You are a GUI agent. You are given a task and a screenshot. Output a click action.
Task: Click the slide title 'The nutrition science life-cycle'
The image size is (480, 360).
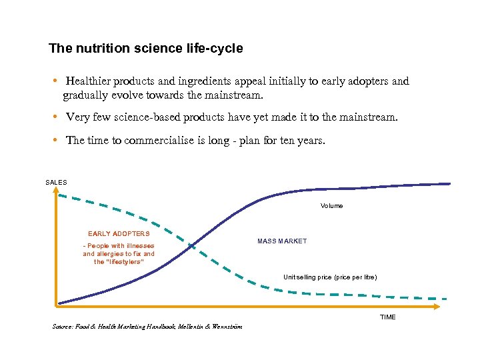(x=146, y=49)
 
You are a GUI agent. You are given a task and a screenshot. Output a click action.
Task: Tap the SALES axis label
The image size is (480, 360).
(x=56, y=182)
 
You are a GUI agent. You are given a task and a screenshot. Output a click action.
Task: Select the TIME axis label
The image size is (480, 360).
(x=387, y=317)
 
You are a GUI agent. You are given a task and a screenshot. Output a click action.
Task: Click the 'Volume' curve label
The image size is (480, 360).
(x=331, y=206)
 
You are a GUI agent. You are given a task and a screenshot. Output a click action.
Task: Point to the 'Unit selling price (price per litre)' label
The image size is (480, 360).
(x=329, y=277)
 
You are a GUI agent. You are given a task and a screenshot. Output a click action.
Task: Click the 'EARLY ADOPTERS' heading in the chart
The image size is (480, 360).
(x=119, y=234)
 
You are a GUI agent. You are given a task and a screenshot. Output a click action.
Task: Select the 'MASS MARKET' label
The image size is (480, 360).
(x=282, y=241)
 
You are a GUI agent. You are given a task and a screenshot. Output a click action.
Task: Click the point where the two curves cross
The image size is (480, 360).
(x=192, y=246)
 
